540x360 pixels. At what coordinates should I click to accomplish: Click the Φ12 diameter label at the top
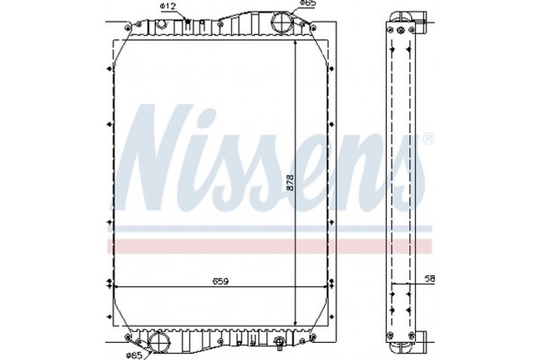click(167, 6)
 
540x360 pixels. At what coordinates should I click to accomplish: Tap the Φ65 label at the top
click(308, 3)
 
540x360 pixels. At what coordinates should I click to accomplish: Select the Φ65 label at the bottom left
click(134, 355)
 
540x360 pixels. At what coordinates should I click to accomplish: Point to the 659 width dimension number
click(220, 282)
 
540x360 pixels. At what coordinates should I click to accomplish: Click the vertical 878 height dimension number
click(290, 183)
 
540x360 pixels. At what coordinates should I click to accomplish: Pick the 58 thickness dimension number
click(429, 279)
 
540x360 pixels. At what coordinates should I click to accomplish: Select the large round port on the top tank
click(282, 23)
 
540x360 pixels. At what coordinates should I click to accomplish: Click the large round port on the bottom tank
click(159, 341)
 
